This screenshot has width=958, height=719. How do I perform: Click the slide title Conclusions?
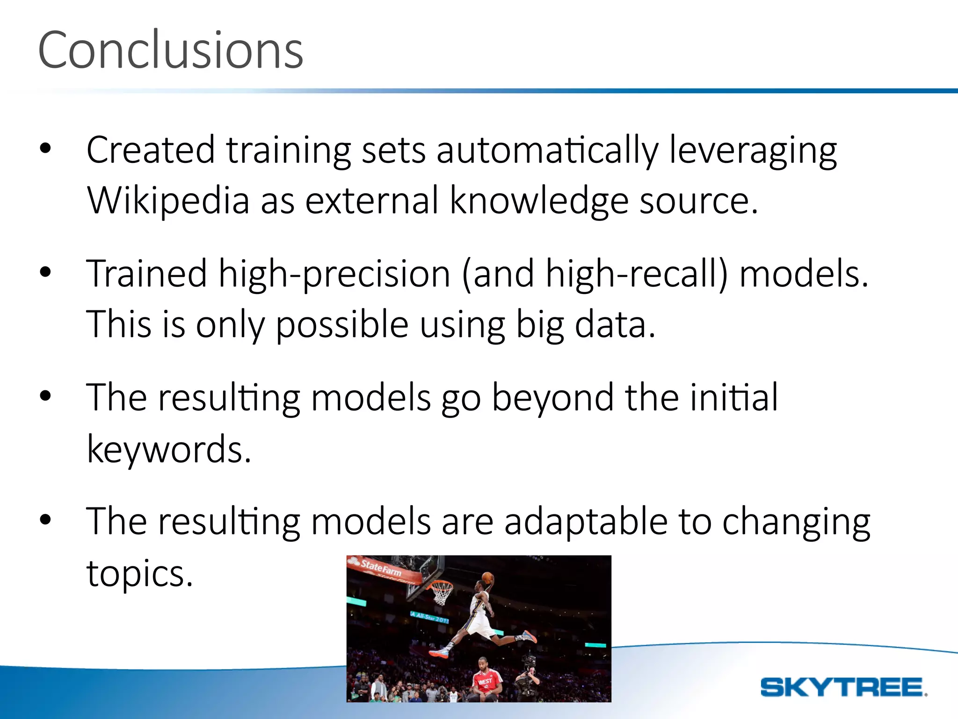[x=171, y=50]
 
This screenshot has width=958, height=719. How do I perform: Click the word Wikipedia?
[x=168, y=200]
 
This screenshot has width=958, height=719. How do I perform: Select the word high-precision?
[x=334, y=274]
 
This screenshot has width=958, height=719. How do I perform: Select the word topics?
[x=139, y=573]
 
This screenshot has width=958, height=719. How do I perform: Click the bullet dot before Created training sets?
[x=45, y=149]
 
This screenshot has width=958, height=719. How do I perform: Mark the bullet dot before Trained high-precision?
[x=45, y=272]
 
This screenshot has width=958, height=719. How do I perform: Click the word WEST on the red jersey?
[x=485, y=682]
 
